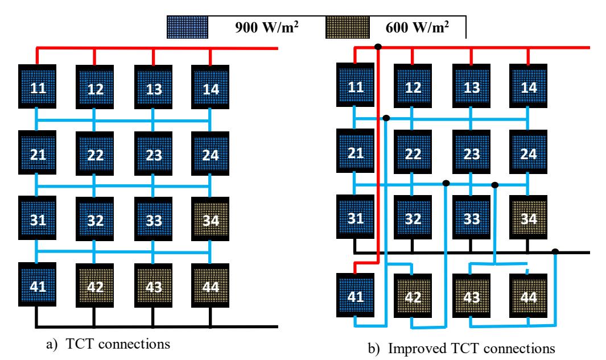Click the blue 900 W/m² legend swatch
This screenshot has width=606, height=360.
coord(187,27)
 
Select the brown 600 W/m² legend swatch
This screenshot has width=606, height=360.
coord(348,27)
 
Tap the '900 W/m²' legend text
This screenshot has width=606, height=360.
coord(267,27)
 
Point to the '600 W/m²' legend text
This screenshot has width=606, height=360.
coord(418,27)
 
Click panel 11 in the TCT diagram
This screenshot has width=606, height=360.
coord(37,86)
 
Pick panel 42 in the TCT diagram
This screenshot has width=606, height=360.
coord(94,285)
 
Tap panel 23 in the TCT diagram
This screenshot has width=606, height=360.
coord(154,154)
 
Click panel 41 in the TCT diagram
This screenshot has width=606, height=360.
coord(37,284)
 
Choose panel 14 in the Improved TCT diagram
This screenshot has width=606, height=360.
coord(528,86)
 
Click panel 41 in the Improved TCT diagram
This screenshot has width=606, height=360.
coord(355,295)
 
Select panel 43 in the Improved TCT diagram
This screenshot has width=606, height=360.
coord(471,296)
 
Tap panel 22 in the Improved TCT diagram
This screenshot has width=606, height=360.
coord(413,152)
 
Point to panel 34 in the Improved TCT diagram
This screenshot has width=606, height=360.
coord(528,217)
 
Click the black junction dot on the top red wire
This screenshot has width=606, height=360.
coord(378,47)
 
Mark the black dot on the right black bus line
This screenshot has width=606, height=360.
coord(555,252)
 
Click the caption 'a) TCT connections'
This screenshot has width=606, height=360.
coord(108,344)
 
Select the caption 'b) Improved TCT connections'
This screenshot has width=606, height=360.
coord(461,349)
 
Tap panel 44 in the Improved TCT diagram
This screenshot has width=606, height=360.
coord(528,296)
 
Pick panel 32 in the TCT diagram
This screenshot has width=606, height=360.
coord(94,219)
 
